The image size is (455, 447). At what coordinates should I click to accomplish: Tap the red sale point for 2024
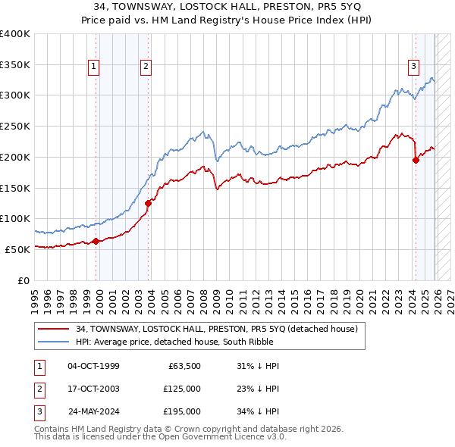coord(416,160)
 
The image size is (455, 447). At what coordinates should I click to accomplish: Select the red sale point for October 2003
coord(149,203)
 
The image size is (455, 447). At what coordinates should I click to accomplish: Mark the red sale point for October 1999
coord(96,241)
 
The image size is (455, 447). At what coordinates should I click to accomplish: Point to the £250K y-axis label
coord(15,126)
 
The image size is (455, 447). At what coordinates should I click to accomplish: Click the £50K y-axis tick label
coord(17,249)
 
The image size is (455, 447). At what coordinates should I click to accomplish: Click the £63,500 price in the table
coord(182,366)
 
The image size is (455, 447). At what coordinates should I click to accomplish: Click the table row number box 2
coord(38,389)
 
